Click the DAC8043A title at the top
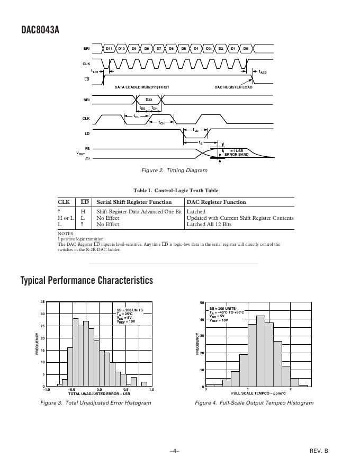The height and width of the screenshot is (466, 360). tap(40, 30)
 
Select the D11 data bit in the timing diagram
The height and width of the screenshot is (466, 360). tap(109, 49)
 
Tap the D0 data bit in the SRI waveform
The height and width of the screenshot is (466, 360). tap(245, 49)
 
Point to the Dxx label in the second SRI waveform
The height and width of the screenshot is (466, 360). tap(149, 99)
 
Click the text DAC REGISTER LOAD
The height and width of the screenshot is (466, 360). tap(233, 87)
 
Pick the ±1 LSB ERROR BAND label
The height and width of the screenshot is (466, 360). tap(236, 153)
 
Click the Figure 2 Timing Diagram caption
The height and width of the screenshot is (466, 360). tap(175, 171)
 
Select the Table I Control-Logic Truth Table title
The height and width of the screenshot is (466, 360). tap(176, 191)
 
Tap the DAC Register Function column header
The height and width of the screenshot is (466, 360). tap(216, 202)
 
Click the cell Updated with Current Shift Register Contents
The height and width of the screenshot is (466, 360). tap(240, 218)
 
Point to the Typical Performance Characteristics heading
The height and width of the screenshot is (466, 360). tap(87, 280)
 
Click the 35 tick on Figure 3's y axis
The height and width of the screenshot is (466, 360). tap(42, 302)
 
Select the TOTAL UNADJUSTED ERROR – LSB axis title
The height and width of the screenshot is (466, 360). tap(99, 394)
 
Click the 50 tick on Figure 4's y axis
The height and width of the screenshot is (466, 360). tap(202, 303)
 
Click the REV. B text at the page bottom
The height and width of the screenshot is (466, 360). tap(319, 451)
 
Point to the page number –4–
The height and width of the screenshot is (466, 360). tap(175, 451)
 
